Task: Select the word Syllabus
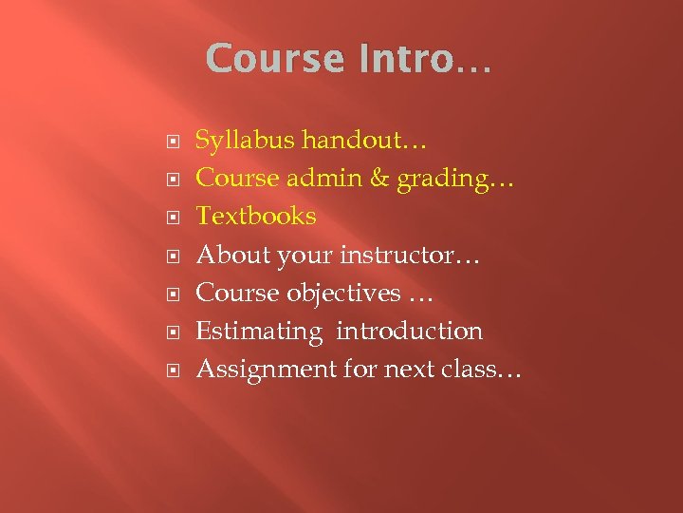(245, 141)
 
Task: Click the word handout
(356, 141)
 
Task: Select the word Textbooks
(255, 217)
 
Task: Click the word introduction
(409, 331)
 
